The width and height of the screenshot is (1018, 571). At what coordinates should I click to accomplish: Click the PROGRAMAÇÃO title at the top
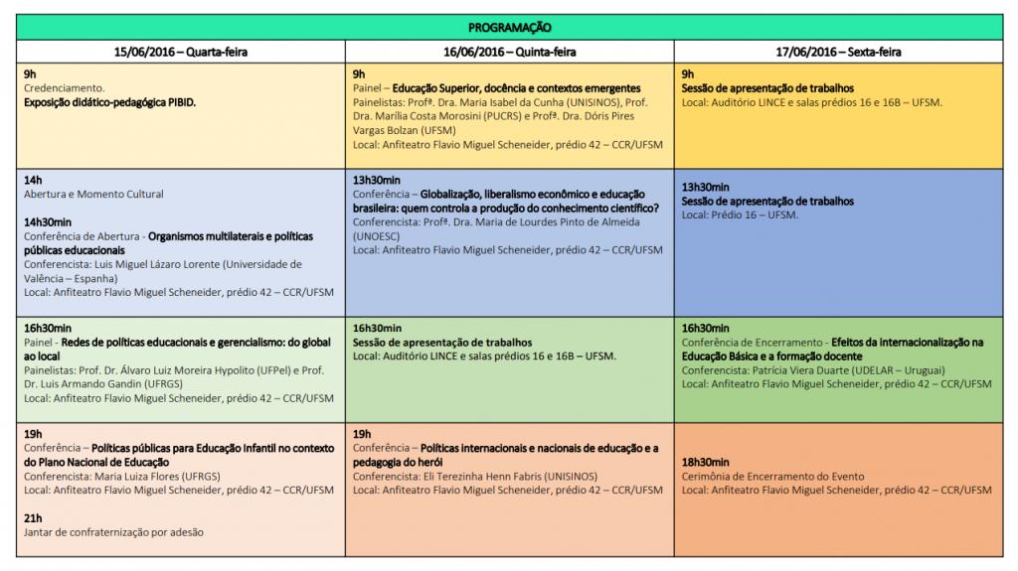[509, 27]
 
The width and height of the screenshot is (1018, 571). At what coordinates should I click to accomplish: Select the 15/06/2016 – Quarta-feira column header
[180, 52]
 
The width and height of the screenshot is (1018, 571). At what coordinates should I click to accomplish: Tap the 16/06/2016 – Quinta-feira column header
[509, 52]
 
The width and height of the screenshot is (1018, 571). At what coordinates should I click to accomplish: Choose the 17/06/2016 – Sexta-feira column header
[838, 52]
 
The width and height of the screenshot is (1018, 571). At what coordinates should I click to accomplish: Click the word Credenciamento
[63, 87]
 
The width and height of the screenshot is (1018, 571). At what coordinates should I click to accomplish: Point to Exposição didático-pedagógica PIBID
[110, 101]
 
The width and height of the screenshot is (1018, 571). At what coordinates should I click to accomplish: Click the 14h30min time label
[48, 222]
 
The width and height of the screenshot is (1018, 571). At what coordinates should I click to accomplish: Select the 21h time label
[33, 517]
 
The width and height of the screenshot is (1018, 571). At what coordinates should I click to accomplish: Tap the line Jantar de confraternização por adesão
[113, 532]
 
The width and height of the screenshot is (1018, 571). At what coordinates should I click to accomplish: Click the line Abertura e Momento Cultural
[93, 194]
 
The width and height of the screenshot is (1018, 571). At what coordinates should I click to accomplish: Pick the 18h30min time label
[705, 462]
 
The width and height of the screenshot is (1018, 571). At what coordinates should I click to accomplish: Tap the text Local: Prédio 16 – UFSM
[740, 214]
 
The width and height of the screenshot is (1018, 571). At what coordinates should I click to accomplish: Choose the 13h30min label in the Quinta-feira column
[377, 180]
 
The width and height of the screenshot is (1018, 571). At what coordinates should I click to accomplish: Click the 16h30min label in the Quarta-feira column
[48, 328]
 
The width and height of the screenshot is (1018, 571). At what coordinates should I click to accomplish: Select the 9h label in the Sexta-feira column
[688, 73]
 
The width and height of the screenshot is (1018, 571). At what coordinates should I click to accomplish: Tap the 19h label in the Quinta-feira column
[362, 434]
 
